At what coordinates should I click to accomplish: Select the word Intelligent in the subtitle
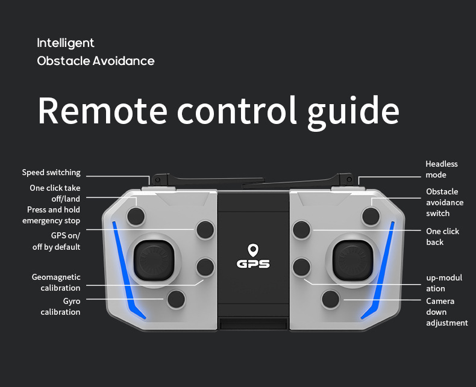tap(66, 43)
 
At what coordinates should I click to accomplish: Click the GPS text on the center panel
tap(253, 264)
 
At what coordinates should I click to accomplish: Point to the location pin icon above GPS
tap(253, 249)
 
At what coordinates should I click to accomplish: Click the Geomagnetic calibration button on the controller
tap(205, 267)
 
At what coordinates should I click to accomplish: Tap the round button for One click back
tap(301, 229)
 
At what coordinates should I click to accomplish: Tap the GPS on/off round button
tap(205, 229)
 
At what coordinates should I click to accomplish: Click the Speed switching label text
tap(51, 173)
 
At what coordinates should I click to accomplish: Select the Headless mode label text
tap(442, 169)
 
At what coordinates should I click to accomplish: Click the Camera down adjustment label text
tap(446, 312)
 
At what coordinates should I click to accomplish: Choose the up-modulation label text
tap(444, 283)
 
